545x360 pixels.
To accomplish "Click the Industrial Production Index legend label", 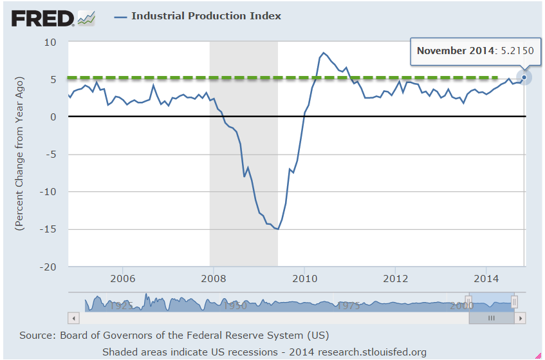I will [206, 16].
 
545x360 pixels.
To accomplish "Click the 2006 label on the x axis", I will [122, 279].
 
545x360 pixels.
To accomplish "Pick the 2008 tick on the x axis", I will [214, 279].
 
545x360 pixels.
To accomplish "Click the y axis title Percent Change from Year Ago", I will [20, 154].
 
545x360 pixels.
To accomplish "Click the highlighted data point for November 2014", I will [524, 77].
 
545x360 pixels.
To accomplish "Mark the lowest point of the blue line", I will [277, 229].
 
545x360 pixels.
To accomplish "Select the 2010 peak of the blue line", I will [323, 53].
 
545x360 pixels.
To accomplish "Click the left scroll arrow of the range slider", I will [73, 318].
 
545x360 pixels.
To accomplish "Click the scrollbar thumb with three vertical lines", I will [492, 318].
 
